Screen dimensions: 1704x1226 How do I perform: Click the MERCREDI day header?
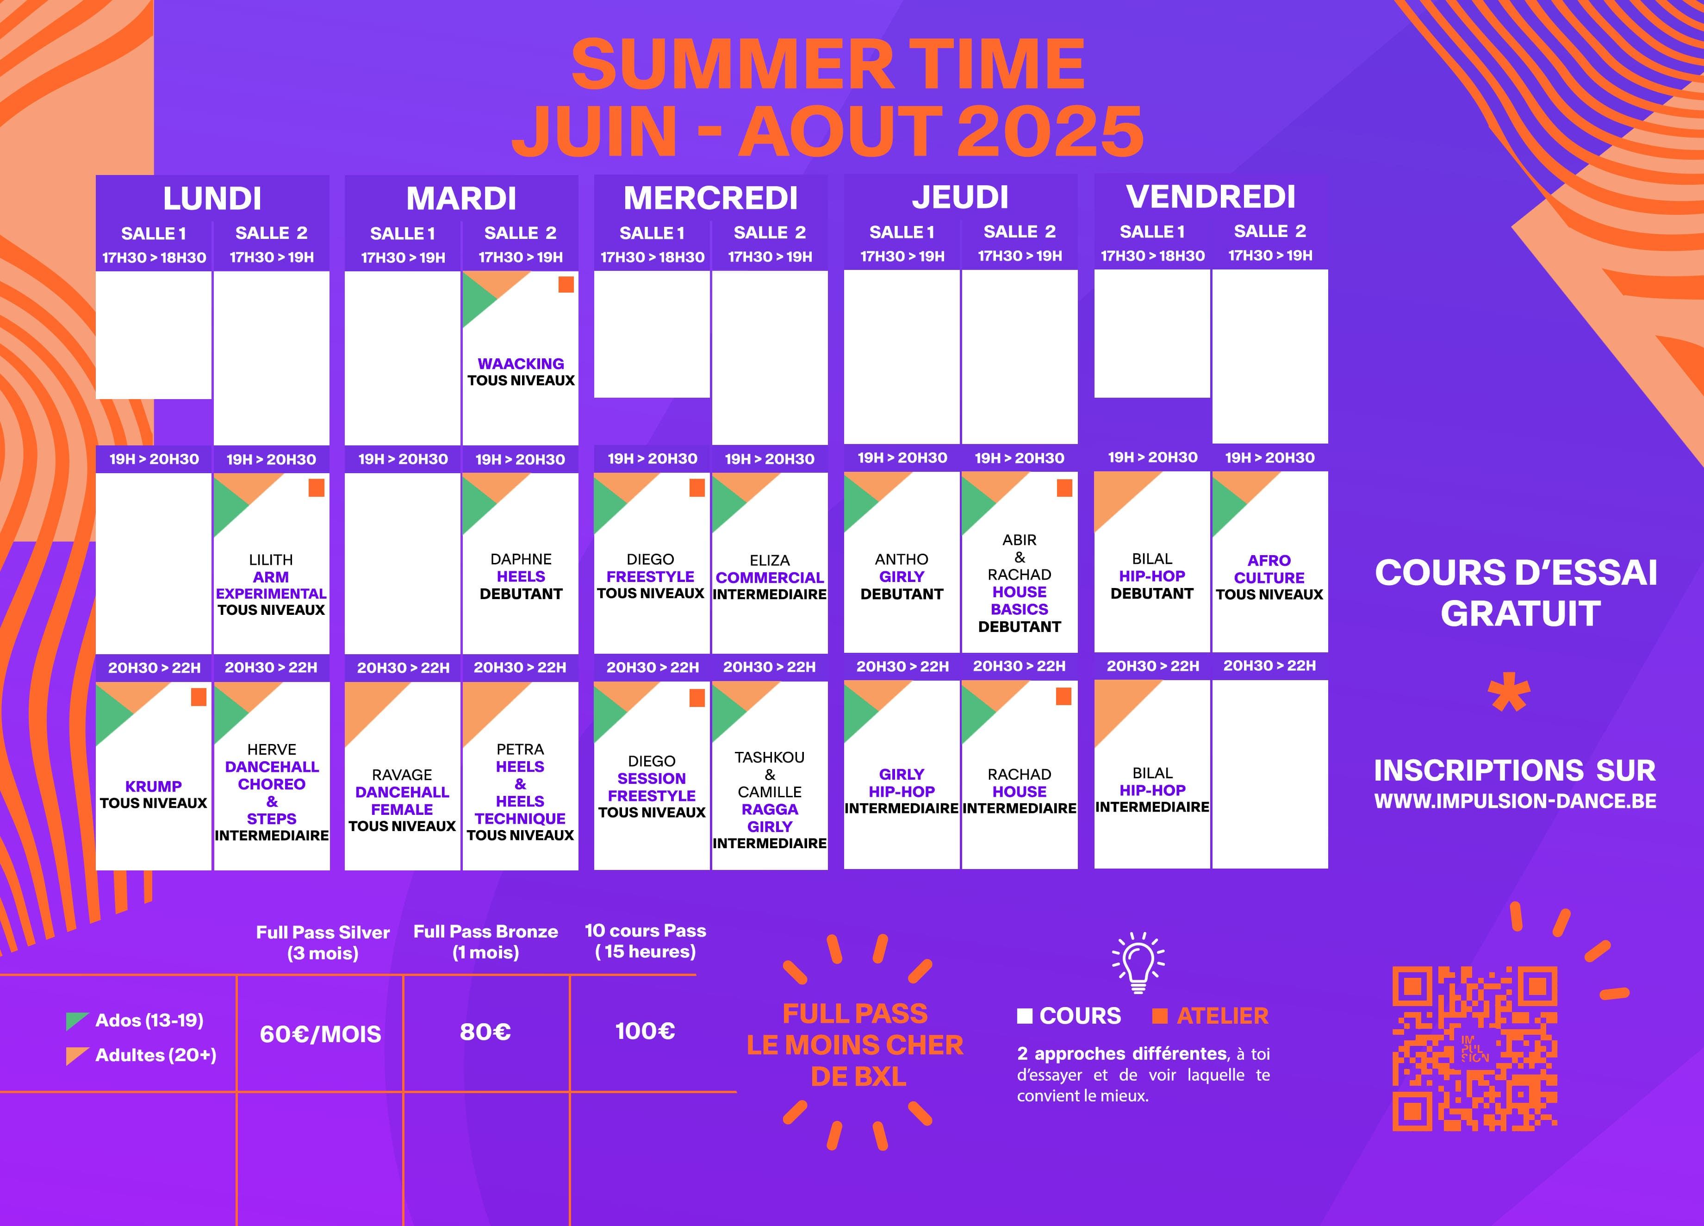point(710,198)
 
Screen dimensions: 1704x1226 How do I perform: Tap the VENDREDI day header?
point(1210,196)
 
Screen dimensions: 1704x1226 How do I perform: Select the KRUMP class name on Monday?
point(153,786)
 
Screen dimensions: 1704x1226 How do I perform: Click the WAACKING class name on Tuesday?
point(521,364)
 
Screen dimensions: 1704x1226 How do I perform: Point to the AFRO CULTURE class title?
point(1269,569)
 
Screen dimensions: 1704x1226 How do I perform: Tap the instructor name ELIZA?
point(769,561)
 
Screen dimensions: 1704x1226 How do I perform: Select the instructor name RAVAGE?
point(402,775)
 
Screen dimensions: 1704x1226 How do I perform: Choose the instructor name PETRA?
point(520,750)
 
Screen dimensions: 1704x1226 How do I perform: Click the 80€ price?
point(485,1032)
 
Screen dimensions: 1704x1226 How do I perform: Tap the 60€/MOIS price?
point(321,1034)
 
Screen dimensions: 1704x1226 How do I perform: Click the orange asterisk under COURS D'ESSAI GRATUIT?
point(1509,694)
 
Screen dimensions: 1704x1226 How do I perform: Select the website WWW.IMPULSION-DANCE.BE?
point(1516,801)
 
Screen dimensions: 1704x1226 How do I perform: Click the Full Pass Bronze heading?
point(485,932)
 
